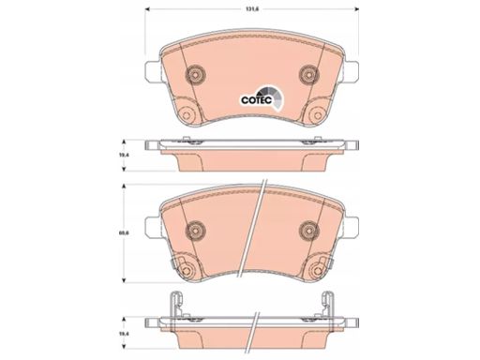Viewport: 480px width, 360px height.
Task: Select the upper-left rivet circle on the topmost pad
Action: [x=196, y=75]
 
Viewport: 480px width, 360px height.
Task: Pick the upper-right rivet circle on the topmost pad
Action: [x=309, y=75]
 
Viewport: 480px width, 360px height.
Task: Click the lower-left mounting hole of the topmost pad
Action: [x=187, y=114]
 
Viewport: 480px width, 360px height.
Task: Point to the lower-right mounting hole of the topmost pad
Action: [x=318, y=114]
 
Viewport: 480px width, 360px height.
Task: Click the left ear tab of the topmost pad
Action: [x=153, y=71]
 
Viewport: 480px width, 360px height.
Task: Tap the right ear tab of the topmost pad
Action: [x=352, y=71]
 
